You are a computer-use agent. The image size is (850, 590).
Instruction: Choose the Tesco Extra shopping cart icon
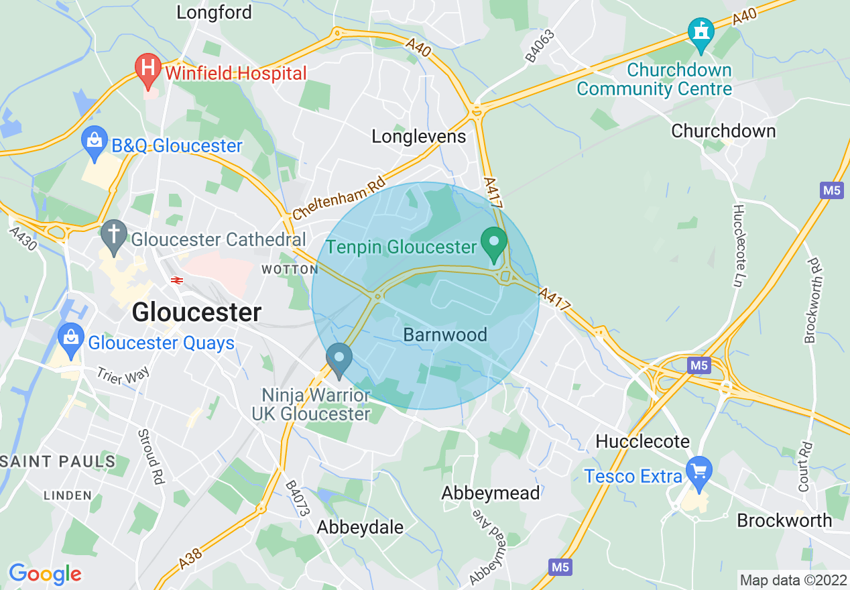tap(700, 473)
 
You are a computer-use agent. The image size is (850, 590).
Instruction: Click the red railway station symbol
tap(177, 280)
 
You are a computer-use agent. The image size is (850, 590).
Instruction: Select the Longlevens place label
tap(418, 137)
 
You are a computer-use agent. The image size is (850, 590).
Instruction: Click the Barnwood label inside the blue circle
tap(445, 335)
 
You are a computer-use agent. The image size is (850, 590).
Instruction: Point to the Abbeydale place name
tap(360, 527)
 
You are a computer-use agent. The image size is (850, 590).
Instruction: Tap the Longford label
tap(214, 12)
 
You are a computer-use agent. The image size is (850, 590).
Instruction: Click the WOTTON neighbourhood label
tap(290, 270)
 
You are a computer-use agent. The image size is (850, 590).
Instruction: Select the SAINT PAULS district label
tap(58, 461)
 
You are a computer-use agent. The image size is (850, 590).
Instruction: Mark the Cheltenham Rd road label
tap(340, 198)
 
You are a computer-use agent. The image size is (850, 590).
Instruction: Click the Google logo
tap(45, 574)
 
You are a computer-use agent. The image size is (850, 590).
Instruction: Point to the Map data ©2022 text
tap(792, 579)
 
